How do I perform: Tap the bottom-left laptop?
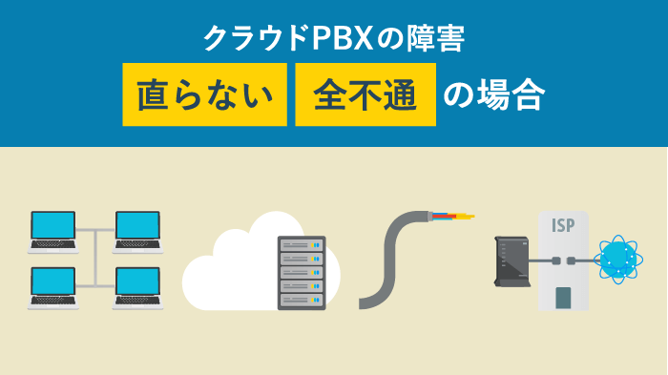coord(52,286)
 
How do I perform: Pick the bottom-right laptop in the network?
coord(136,286)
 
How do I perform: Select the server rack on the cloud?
coord(301,273)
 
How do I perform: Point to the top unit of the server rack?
coord(301,246)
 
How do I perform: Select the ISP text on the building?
coord(564,226)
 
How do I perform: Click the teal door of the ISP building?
coord(564,297)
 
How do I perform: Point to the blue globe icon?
coord(621,259)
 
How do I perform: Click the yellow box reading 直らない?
coord(204,94)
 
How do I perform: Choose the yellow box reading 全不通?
coord(365,94)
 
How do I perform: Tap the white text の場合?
coord(496,94)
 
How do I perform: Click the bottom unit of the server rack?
coord(301,300)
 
